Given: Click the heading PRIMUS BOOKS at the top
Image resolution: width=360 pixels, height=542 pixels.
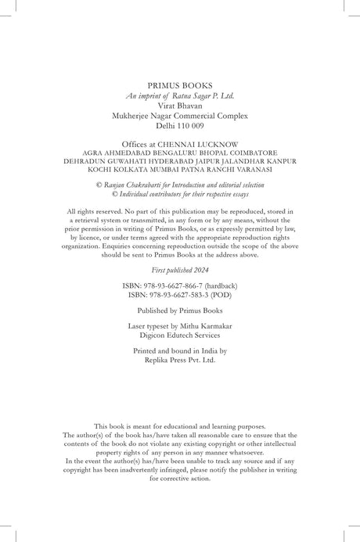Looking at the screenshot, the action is pos(180,83).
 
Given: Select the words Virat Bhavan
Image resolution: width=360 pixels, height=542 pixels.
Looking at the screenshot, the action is pos(180,105).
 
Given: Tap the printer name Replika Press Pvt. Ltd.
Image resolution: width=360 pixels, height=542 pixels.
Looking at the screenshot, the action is pos(180,361).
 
